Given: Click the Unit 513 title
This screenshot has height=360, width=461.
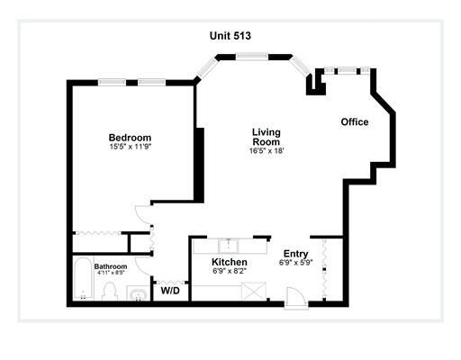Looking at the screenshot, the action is [x=230, y=36].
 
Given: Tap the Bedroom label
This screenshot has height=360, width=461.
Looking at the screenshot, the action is [x=130, y=138].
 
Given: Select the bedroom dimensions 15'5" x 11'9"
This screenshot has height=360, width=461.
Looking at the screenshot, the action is [x=130, y=147].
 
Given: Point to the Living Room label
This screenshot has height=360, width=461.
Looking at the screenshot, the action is [x=267, y=137].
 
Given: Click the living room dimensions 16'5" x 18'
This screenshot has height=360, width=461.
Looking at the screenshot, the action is [x=267, y=150].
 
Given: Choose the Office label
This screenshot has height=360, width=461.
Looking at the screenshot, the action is [x=355, y=121].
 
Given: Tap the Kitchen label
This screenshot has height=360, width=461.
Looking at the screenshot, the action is [x=230, y=262].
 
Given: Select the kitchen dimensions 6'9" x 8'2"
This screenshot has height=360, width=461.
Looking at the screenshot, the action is [x=230, y=271].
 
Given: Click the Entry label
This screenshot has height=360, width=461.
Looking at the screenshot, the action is [x=296, y=254].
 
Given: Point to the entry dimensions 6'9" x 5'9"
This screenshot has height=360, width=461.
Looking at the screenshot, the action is [x=296, y=263].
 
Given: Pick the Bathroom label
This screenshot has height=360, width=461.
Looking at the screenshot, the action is [x=111, y=266].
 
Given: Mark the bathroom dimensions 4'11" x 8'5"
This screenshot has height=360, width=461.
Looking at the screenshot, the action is [x=111, y=273].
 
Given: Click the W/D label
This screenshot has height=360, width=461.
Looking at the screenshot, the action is [x=170, y=291].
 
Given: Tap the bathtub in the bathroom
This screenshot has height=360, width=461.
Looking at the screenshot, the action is [x=83, y=279].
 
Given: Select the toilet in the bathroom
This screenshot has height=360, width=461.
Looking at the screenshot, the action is [x=109, y=291].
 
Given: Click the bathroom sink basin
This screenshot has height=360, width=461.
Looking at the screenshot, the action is [x=138, y=294].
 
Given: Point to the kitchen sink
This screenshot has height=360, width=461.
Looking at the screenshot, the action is [x=229, y=246].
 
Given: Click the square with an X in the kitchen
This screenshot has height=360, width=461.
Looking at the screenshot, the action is [x=254, y=291].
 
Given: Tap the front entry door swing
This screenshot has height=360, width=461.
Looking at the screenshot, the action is [x=295, y=298].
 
